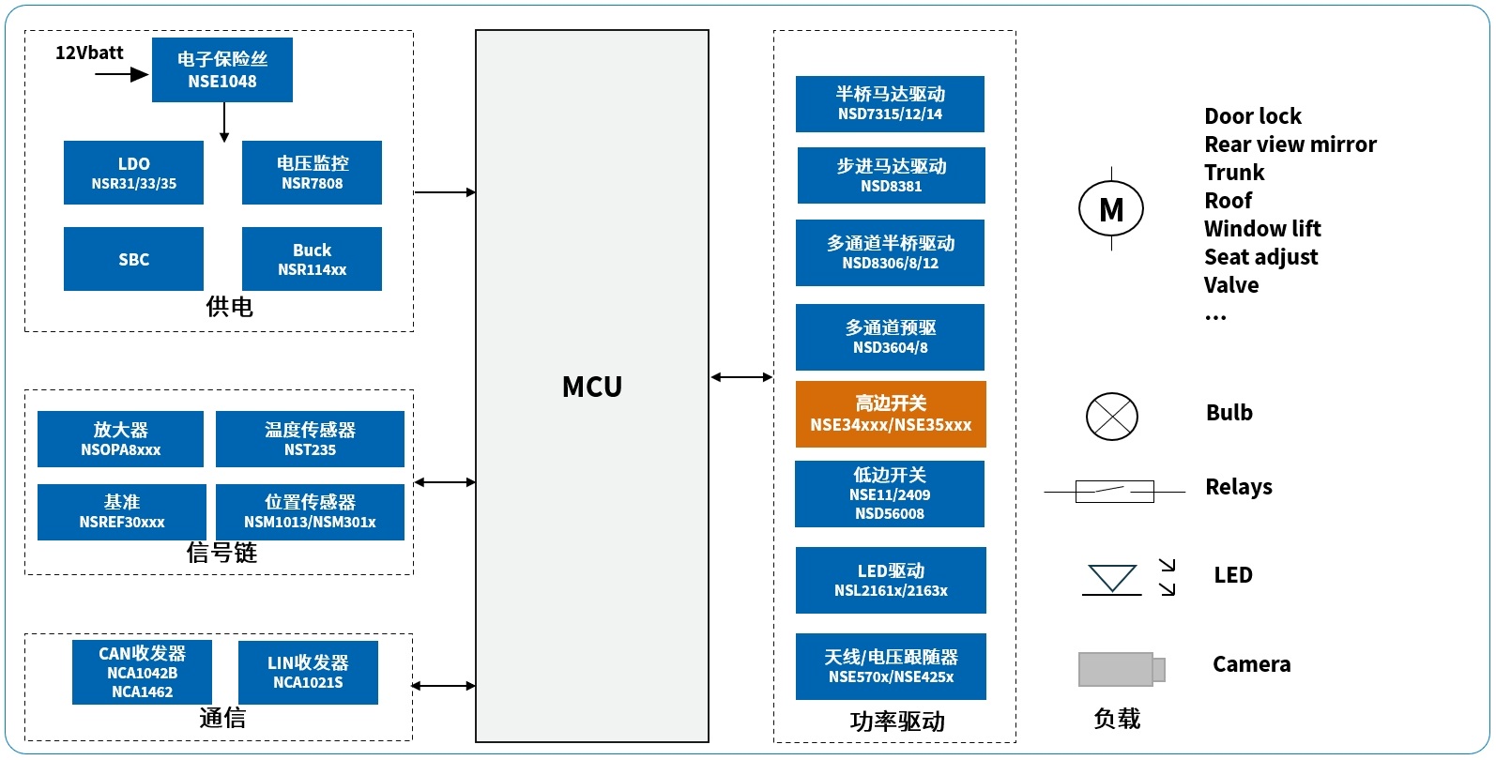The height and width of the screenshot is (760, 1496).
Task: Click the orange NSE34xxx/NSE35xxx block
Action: point(891,414)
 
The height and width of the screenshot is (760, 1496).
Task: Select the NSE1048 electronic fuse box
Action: point(222,70)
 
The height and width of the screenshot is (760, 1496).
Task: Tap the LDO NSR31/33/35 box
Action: point(133,173)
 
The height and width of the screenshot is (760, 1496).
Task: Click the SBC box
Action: point(133,259)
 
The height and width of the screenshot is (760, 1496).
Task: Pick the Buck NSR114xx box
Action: point(312,259)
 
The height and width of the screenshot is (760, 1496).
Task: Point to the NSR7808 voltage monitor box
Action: point(312,173)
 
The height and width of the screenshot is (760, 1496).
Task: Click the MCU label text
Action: point(592,387)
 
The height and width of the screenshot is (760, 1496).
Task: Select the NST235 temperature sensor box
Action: point(310,439)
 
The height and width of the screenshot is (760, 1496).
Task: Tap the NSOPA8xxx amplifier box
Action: point(120,439)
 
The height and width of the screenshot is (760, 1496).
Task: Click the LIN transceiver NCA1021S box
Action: point(308,672)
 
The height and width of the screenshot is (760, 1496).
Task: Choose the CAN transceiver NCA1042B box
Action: point(142,672)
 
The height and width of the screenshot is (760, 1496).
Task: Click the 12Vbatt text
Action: point(89,53)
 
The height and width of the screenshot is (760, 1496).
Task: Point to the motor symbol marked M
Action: point(1111,209)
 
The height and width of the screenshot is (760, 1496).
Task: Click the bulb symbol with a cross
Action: point(1112,417)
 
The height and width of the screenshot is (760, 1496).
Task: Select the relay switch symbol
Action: point(1114,491)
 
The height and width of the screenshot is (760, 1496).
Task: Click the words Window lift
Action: point(1262,229)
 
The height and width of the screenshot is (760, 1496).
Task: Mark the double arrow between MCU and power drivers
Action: point(741,377)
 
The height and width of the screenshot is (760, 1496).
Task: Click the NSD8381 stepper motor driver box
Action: point(891,175)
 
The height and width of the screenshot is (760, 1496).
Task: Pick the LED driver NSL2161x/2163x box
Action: point(891,580)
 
